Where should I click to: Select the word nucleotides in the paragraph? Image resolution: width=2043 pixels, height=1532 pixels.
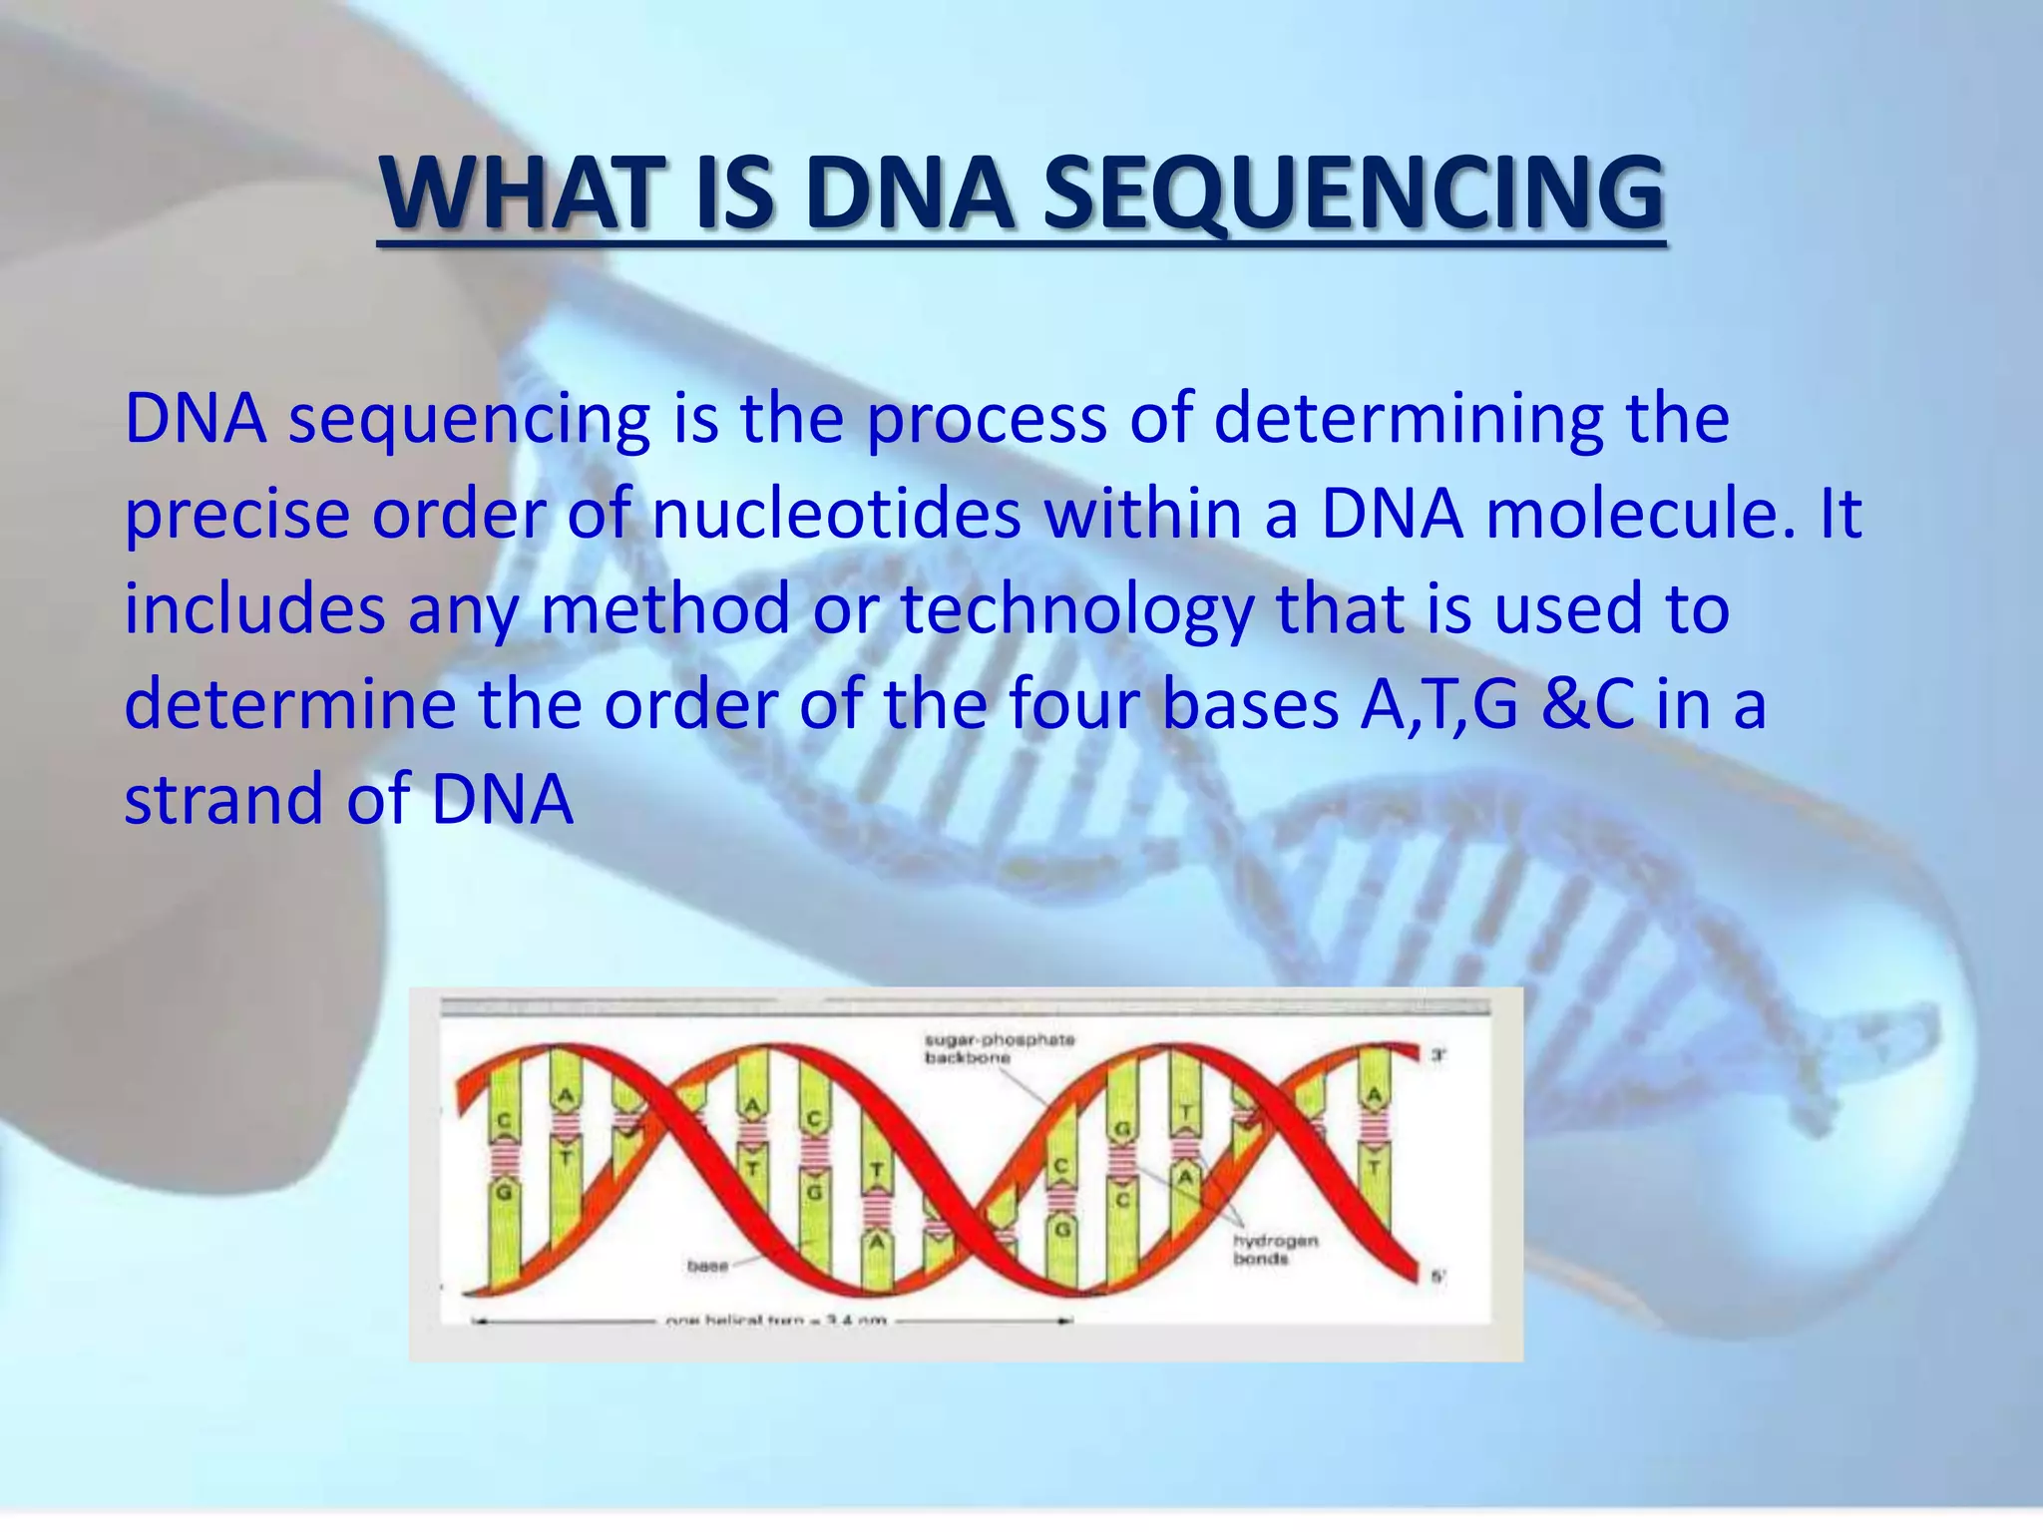click(x=836, y=515)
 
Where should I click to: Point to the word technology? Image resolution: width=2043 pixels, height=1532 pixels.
click(x=1077, y=610)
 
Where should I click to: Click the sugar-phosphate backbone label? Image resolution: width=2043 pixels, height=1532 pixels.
click(x=1000, y=1049)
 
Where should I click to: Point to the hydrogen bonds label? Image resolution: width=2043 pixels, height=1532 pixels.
click(x=1276, y=1250)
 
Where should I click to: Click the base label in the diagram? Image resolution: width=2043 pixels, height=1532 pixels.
click(x=707, y=1266)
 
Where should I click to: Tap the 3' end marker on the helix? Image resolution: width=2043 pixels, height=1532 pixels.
click(x=1438, y=1054)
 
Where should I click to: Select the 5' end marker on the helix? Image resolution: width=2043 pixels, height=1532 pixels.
click(x=1438, y=1276)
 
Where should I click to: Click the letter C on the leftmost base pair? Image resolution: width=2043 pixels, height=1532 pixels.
click(x=504, y=1121)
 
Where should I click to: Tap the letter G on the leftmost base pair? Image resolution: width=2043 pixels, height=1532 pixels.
click(x=504, y=1193)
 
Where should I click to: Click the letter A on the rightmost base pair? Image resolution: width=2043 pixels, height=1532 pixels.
click(x=1374, y=1095)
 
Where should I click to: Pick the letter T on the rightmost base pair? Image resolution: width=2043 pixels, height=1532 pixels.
click(x=1374, y=1166)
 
